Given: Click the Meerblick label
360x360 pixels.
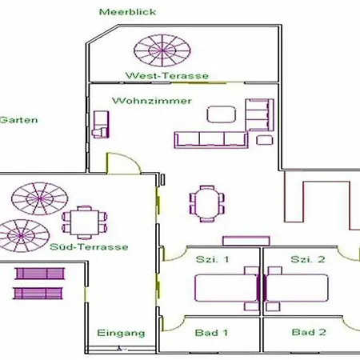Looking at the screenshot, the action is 127,12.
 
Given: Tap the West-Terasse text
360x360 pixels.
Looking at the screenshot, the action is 167,76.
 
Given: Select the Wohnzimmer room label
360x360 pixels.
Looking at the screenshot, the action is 152,101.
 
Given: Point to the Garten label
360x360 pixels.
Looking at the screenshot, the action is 18,120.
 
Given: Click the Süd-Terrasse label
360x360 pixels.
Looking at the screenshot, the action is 89,246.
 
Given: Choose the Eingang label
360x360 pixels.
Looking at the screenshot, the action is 121,333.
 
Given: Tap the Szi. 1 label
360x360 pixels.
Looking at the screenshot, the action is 213,259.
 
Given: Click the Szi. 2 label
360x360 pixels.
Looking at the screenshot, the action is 308,259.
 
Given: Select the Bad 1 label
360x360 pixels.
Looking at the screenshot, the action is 211,333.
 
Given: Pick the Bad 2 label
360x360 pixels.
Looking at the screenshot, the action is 309,332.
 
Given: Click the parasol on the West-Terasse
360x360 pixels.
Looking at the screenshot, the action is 162,50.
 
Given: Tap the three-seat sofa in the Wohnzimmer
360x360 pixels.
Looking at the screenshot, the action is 211,140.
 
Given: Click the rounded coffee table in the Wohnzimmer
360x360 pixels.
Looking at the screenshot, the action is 222,114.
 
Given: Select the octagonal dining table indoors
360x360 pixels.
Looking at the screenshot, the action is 207,204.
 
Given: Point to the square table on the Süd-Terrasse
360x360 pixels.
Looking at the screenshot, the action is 84,222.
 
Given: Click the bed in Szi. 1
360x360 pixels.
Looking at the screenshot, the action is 227,288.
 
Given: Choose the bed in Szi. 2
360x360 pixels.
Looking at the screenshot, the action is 296,288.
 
